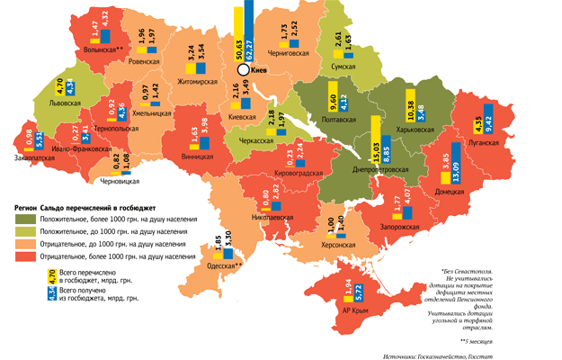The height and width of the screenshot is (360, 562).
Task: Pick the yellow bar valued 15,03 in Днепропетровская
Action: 377,147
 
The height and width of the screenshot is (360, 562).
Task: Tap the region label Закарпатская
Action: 34,157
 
